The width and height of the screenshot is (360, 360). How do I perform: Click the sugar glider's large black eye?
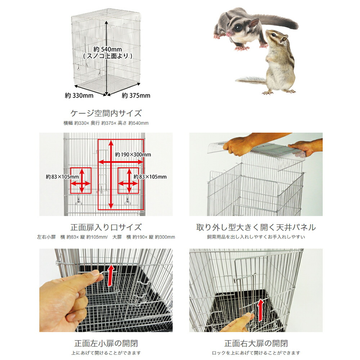(x=238, y=28)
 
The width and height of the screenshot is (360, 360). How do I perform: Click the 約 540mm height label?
(x=107, y=49)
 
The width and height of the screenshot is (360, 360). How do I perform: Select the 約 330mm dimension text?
(x=79, y=95)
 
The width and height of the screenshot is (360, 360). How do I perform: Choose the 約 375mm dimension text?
(x=136, y=95)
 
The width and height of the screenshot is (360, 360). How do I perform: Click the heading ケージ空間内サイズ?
(x=106, y=113)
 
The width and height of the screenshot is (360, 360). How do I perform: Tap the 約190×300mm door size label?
(x=133, y=154)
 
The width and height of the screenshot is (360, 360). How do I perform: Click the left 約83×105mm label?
(x=62, y=176)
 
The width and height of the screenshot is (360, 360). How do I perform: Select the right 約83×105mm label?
(x=150, y=176)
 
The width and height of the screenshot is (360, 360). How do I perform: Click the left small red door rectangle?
(x=81, y=181)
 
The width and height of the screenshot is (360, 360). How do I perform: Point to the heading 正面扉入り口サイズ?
(x=106, y=227)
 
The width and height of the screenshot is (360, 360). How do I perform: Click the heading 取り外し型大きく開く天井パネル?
(x=256, y=227)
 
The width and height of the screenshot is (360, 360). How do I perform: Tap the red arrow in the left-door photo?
(x=111, y=275)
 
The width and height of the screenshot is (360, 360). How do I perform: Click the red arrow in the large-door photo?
(x=261, y=310)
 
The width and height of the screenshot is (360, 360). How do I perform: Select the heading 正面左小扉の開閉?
(x=106, y=343)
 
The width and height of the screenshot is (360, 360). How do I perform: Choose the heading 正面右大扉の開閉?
(x=256, y=343)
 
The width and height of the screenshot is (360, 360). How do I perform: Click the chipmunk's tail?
(x=251, y=80)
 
